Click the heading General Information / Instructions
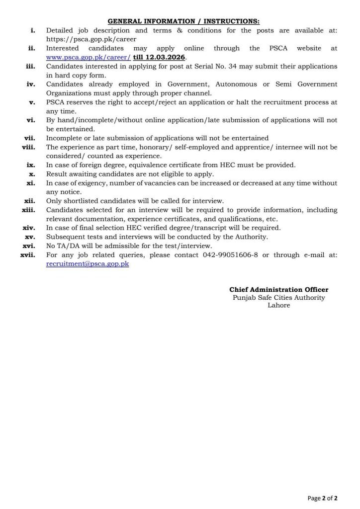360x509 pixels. click(x=183, y=21)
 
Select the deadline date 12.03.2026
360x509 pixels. click(x=164, y=57)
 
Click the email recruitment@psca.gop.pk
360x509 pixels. click(x=88, y=264)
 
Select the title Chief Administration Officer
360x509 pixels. click(x=278, y=289)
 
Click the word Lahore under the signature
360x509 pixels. click(x=278, y=305)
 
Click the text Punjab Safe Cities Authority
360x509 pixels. click(x=278, y=297)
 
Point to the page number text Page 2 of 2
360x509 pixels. click(x=323, y=497)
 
